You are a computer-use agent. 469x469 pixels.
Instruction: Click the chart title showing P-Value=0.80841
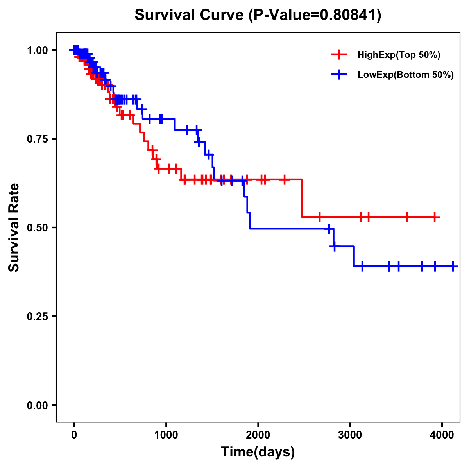(x=258, y=15)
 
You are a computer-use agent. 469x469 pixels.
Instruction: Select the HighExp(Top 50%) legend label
(x=399, y=55)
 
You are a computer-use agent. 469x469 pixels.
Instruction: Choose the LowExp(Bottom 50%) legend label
(x=406, y=75)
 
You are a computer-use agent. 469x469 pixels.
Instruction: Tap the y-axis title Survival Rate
(x=14, y=227)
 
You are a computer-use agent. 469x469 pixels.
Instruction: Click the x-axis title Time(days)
(x=258, y=452)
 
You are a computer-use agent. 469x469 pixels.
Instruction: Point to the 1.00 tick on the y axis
(x=37, y=50)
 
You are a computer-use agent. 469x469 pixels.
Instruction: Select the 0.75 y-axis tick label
(x=37, y=139)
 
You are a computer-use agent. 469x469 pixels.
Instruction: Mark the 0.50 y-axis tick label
(x=37, y=227)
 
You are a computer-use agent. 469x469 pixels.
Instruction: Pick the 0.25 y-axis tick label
(x=37, y=316)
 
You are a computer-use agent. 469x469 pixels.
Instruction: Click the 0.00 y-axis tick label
(x=37, y=405)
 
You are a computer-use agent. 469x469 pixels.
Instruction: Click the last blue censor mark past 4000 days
(x=453, y=266)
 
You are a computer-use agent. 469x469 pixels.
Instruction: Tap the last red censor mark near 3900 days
(x=435, y=217)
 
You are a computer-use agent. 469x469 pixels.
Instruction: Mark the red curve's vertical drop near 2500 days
(x=302, y=198)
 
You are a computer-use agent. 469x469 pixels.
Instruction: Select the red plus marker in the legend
(x=339, y=55)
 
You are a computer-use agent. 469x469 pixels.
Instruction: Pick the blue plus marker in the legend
(x=339, y=75)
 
